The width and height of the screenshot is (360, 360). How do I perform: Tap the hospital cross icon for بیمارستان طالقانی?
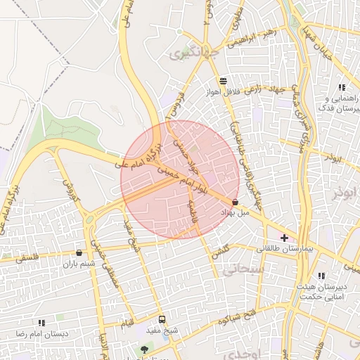[284, 238]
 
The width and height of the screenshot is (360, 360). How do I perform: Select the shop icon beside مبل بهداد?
[234, 202]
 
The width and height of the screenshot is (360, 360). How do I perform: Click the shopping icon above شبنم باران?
[78, 252]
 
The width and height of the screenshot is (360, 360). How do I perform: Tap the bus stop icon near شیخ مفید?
[162, 319]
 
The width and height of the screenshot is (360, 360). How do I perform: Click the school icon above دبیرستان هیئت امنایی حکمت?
[321, 276]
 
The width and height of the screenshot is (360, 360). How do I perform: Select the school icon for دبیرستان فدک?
[341, 87]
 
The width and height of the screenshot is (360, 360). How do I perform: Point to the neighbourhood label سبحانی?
[243, 268]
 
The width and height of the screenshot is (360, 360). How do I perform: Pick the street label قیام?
[127, 323]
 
